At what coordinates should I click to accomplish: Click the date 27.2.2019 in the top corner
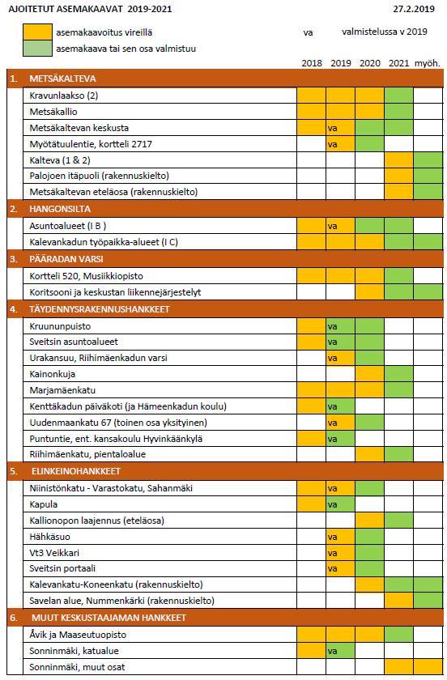click(414, 9)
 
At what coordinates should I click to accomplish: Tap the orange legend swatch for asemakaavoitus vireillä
click(37, 32)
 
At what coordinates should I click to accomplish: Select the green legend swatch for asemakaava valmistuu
click(37, 48)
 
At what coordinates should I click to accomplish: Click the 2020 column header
click(370, 63)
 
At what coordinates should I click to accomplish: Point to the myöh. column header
click(428, 63)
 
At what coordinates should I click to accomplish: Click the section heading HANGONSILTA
click(60, 209)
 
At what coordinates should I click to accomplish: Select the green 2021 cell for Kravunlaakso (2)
click(399, 96)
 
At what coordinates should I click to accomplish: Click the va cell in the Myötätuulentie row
click(340, 144)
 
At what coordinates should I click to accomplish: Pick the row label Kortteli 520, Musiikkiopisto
click(86, 276)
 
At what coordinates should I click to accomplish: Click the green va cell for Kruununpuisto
click(340, 326)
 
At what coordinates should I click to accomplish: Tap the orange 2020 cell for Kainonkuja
click(370, 374)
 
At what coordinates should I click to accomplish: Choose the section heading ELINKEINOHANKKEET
click(76, 471)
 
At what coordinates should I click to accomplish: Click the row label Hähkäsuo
click(50, 537)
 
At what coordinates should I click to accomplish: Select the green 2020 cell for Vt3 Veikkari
click(370, 553)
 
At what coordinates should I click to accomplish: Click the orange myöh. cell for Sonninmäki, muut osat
click(428, 667)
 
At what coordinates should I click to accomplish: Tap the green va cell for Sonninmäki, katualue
click(340, 651)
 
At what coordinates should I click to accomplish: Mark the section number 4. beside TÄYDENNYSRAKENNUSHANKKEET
click(14, 309)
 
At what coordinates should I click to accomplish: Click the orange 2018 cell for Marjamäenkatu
click(311, 390)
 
